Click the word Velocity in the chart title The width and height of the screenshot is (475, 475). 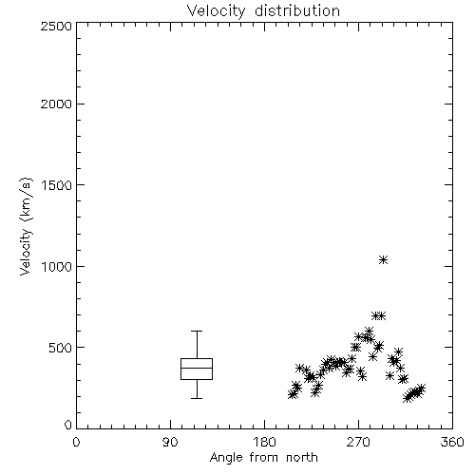click(217, 11)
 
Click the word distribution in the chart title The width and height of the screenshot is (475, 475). click(297, 10)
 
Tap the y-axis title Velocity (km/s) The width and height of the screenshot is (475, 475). click(26, 226)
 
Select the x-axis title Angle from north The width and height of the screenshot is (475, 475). click(264, 458)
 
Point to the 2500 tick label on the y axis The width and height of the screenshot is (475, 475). click(56, 26)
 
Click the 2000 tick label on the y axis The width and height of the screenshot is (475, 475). click(56, 104)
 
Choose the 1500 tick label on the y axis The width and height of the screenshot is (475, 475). click(57, 185)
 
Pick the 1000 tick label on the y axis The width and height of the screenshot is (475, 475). click(57, 266)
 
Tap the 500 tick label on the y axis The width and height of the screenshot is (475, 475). click(60, 348)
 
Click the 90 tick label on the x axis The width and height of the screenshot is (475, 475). click(170, 442)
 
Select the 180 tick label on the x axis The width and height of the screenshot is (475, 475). click(264, 442)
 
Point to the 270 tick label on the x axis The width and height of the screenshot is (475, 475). click(358, 442)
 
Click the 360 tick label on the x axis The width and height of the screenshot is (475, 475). click(452, 442)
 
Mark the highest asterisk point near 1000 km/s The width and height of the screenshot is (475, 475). click(383, 260)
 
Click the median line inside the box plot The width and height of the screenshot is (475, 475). click(197, 368)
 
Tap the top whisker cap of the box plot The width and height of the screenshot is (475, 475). click(197, 331)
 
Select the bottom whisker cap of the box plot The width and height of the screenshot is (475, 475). click(197, 398)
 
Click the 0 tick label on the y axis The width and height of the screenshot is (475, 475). click(68, 425)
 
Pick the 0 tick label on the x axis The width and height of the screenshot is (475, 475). click(76, 442)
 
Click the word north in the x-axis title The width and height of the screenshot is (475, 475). click(302, 458)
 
